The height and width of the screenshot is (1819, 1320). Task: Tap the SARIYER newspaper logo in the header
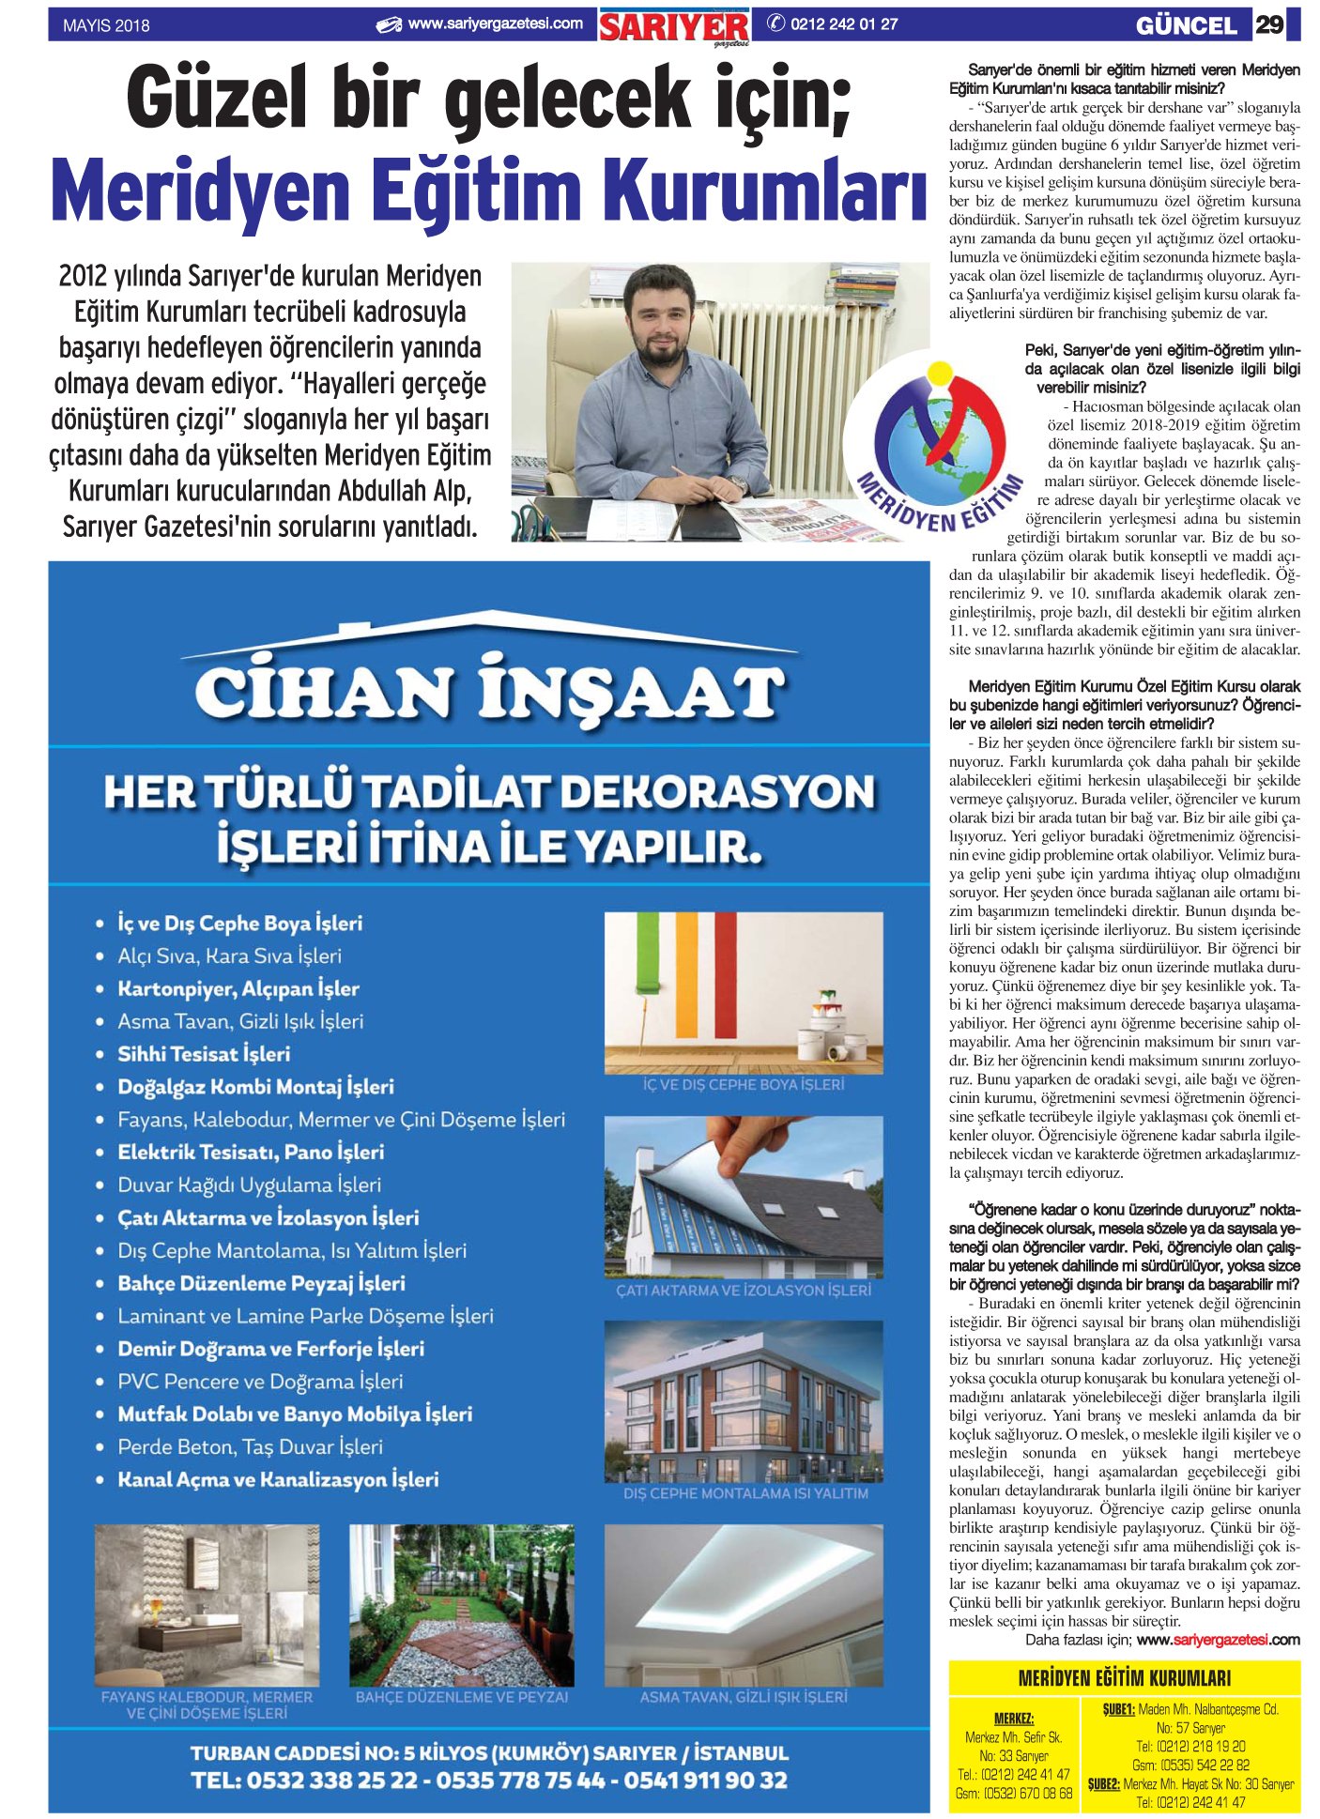(x=674, y=26)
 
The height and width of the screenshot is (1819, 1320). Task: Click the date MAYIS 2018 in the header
(x=106, y=25)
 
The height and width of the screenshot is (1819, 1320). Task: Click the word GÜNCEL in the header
(x=1186, y=26)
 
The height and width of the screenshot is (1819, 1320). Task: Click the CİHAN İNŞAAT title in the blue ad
(x=489, y=693)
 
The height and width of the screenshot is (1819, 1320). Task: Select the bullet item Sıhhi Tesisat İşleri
(x=204, y=1054)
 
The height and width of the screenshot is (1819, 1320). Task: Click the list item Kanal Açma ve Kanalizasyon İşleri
(x=278, y=1479)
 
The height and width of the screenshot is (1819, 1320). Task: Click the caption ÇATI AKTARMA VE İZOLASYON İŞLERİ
(x=743, y=1291)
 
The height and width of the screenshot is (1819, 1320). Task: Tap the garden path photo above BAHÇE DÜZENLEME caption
(x=461, y=1605)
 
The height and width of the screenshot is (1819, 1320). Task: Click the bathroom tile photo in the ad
(x=207, y=1605)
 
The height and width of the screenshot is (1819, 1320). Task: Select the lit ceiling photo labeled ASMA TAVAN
(x=743, y=1605)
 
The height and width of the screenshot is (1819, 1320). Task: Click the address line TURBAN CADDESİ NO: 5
(x=489, y=1752)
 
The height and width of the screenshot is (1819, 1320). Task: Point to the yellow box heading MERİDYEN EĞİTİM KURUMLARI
(x=1124, y=1677)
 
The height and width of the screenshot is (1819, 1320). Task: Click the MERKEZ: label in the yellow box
(x=1013, y=1718)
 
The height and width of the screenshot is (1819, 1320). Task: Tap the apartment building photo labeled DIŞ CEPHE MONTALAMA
(x=743, y=1400)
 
